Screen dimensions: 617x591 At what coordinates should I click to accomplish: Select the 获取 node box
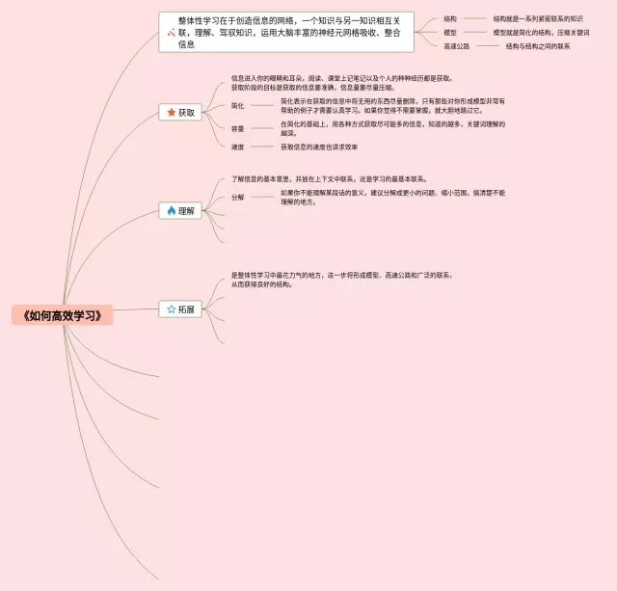[x=180, y=113]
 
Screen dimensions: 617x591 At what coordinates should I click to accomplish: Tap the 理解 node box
[x=180, y=210]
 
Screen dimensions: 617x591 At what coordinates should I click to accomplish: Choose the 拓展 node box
[x=180, y=309]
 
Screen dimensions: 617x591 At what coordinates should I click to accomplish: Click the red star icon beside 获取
[x=171, y=113]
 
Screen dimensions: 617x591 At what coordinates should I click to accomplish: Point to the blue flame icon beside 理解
[x=171, y=210]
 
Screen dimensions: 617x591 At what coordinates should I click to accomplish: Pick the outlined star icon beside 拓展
[x=171, y=309]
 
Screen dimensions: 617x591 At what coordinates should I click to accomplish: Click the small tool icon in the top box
[x=170, y=32]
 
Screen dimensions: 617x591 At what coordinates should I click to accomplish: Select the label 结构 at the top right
[x=450, y=18]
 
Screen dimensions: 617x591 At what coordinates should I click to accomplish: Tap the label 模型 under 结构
[x=450, y=32]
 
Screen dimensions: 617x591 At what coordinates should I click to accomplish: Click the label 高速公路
[x=457, y=45]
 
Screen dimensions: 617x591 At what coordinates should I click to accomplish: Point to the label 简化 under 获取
[x=237, y=104]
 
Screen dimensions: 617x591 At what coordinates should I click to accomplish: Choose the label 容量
[x=237, y=128]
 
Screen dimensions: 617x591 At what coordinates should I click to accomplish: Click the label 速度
[x=237, y=147]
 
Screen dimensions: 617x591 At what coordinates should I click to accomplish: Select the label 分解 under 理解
[x=237, y=197]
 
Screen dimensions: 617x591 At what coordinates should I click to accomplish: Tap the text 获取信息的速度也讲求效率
[x=319, y=147]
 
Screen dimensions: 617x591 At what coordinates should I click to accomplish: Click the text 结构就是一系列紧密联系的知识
[x=538, y=18]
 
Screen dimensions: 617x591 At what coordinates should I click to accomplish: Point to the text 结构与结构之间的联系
[x=538, y=45]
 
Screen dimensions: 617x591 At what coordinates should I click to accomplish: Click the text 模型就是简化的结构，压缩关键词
[x=541, y=32]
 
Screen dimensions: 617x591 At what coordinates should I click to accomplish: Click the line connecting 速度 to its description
[x=262, y=147]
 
